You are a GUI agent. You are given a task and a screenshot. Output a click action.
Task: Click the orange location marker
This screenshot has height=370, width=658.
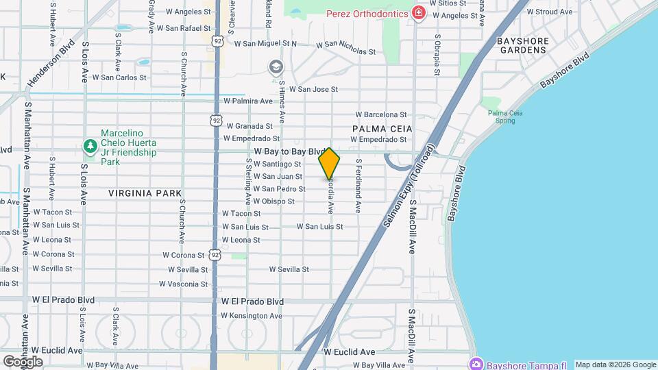click(x=329, y=164)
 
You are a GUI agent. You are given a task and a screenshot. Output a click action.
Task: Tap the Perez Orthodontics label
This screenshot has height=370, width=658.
click(x=367, y=13)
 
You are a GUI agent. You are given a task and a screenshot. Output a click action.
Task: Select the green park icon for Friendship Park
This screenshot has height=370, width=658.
click(x=90, y=146)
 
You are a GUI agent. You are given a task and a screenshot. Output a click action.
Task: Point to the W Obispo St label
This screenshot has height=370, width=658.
click(x=273, y=201)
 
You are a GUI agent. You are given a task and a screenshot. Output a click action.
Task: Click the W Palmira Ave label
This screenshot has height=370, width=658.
click(x=243, y=101)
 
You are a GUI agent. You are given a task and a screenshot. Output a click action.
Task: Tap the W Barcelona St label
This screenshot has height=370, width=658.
click(x=381, y=114)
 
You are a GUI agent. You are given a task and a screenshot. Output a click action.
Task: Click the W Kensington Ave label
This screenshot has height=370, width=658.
click(x=252, y=316)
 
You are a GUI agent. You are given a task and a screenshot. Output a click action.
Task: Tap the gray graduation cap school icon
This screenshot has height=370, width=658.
click(x=275, y=66)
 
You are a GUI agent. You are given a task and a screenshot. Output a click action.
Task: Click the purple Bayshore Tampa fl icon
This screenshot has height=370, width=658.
click(x=476, y=362)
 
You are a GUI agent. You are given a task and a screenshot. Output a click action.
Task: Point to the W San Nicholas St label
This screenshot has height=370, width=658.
click(x=345, y=47)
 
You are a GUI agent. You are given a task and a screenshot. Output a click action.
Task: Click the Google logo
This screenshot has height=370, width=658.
click(x=23, y=361)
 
